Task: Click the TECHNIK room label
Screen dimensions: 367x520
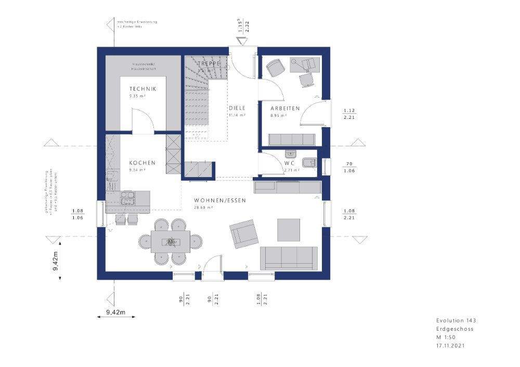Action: click(x=143, y=89)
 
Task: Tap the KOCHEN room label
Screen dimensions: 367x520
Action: click(x=142, y=163)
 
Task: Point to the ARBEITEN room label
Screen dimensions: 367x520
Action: click(x=284, y=108)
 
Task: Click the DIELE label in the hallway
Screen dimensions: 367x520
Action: click(x=237, y=108)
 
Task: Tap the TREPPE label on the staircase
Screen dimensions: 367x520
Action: click(x=209, y=63)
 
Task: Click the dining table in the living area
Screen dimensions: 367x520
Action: click(x=170, y=241)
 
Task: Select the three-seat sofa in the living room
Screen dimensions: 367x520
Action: click(x=289, y=257)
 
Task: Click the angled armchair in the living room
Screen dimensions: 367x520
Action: click(x=243, y=233)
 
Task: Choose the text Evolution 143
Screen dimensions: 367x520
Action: click(x=456, y=321)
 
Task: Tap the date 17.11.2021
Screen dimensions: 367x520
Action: click(x=450, y=345)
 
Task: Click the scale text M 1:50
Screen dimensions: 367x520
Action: click(x=445, y=337)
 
